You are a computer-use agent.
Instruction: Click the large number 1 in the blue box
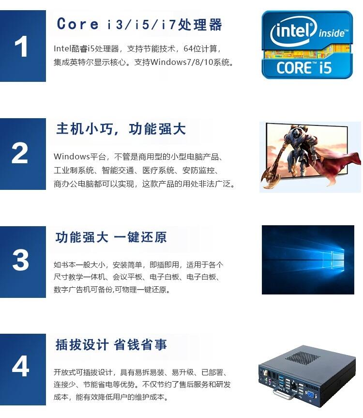21,46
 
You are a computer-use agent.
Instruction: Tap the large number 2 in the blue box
20,153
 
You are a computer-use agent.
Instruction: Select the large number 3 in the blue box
20,260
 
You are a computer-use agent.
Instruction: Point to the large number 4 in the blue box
20,366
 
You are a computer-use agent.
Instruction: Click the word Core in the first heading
77,24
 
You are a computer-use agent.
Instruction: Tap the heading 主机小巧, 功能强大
121,129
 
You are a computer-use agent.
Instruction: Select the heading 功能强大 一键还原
111,237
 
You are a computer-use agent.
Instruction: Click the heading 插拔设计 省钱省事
111,344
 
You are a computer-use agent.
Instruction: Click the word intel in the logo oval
292,31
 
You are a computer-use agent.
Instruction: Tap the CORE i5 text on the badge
304,68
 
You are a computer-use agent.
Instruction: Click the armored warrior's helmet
295,133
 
